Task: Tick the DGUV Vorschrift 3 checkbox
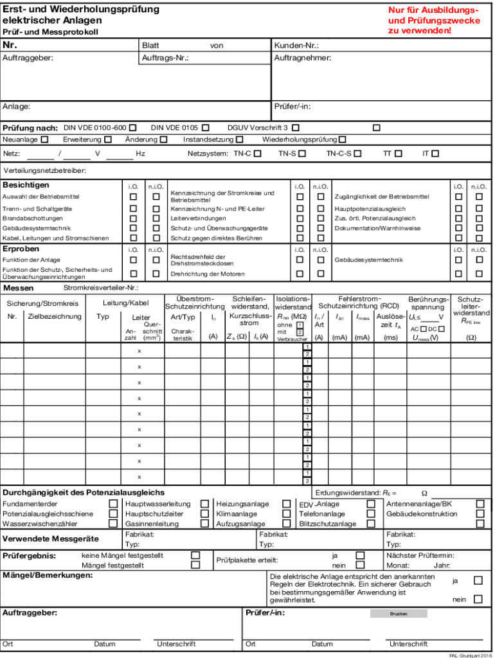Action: pyautogui.click(x=295, y=128)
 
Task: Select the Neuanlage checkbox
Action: pyautogui.click(x=44, y=139)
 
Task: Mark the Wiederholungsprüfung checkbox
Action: pyautogui.click(x=343, y=139)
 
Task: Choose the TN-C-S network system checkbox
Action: pyautogui.click(x=357, y=154)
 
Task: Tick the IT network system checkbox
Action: pyautogui.click(x=435, y=154)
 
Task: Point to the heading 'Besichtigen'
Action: pyautogui.click(x=26, y=185)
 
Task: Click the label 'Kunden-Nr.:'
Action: pyautogui.click(x=296, y=46)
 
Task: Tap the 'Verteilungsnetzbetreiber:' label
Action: pyautogui.click(x=45, y=171)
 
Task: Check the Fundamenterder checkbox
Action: pyautogui.click(x=113, y=504)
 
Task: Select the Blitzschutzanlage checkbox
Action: pyautogui.click(x=371, y=524)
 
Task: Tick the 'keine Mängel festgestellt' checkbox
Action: pyautogui.click(x=195, y=555)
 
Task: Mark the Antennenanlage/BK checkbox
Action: pyautogui.click(x=480, y=504)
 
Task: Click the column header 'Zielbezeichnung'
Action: pyautogui.click(x=55, y=316)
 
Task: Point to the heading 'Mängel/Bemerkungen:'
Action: pyautogui.click(x=48, y=574)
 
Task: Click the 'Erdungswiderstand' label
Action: pyautogui.click(x=348, y=493)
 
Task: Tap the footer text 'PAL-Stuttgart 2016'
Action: pyautogui.click(x=471, y=655)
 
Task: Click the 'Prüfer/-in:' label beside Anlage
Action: pyautogui.click(x=292, y=107)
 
